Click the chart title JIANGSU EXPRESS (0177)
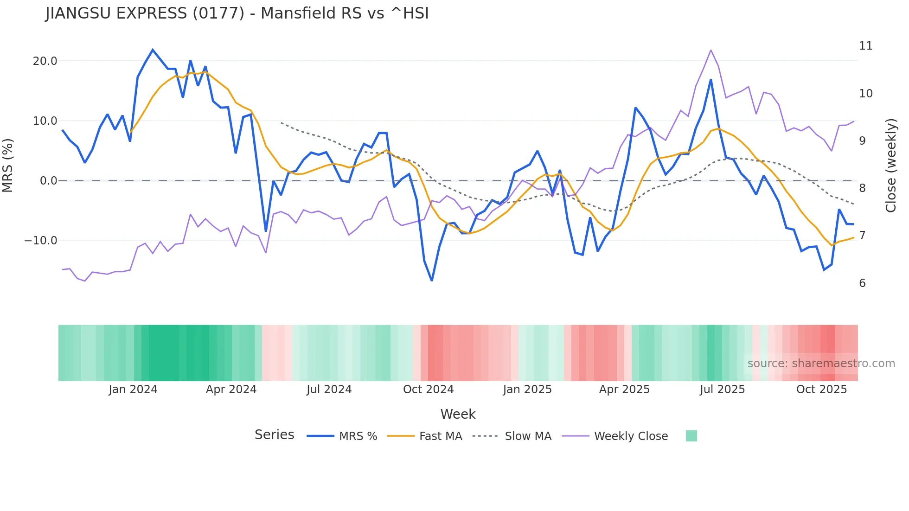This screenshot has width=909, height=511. point(237,13)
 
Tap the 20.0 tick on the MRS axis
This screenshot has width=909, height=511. point(45,61)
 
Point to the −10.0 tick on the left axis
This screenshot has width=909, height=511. point(41,241)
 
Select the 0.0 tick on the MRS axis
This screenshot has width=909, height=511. point(49,181)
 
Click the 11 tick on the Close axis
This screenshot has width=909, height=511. point(865,46)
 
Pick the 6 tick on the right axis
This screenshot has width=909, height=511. point(862,283)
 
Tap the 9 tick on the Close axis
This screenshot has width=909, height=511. point(862,141)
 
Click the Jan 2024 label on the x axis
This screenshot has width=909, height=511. point(133,390)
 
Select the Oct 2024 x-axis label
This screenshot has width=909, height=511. point(428,390)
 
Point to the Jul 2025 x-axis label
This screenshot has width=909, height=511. point(722,390)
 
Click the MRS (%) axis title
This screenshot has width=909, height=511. point(8,165)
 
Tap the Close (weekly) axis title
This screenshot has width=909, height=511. point(890,165)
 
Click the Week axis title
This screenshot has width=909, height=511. point(458,414)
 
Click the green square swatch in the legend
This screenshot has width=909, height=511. point(691,436)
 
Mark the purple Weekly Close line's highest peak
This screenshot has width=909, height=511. point(711,50)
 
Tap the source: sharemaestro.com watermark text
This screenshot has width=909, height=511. point(821,364)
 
